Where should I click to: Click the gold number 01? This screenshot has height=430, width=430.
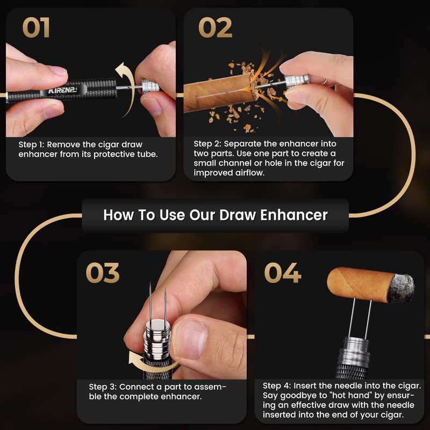tap(36, 27)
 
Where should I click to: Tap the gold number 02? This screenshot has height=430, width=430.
tap(216, 27)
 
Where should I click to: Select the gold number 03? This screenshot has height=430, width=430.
tap(103, 273)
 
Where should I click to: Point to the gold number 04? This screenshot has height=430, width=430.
tap(283, 273)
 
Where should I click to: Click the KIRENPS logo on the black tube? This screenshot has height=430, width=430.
tap(62, 90)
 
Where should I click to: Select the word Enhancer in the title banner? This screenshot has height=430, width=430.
tap(293, 215)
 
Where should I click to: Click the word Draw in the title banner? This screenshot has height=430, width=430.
tap(238, 215)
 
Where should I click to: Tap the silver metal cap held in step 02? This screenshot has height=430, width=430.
tap(297, 82)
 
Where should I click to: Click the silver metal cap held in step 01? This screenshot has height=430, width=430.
tap(150, 87)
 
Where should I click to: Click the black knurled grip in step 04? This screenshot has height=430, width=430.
tap(353, 364)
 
